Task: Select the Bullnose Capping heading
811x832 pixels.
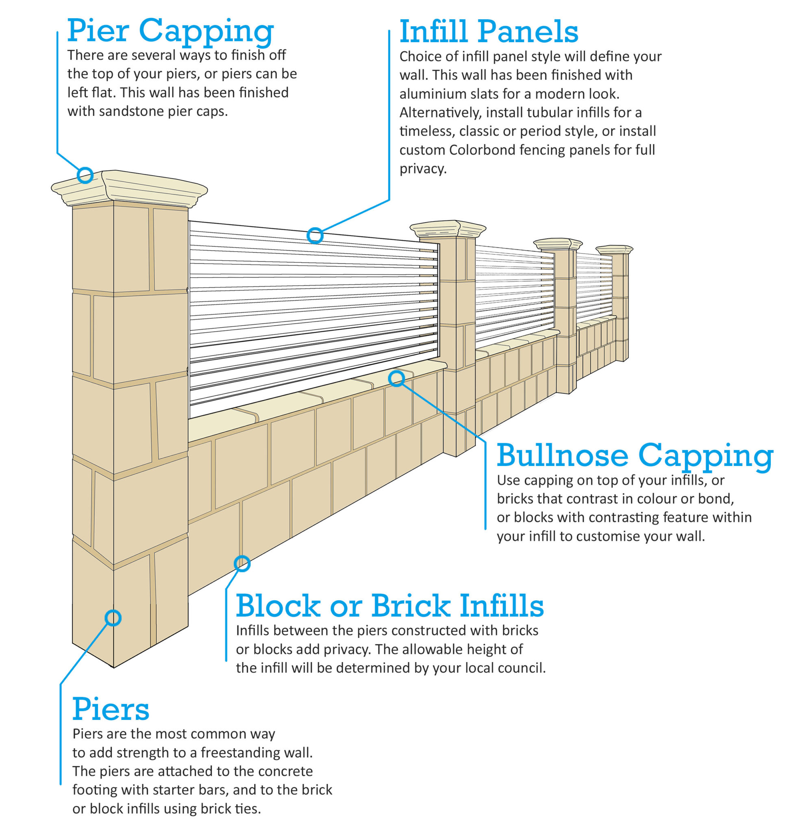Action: pos(635,455)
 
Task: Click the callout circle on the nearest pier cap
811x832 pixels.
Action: pos(85,175)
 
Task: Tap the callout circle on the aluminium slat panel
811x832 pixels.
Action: pos(315,235)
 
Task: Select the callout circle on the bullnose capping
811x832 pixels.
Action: pos(396,378)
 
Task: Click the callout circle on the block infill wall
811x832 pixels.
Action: pos(242,564)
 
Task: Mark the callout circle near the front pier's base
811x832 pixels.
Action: pos(113,618)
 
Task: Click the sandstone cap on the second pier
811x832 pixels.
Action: pos(448,229)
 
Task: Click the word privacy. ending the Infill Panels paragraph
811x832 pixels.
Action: pos(422,169)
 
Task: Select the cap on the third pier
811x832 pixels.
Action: pos(558,244)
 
